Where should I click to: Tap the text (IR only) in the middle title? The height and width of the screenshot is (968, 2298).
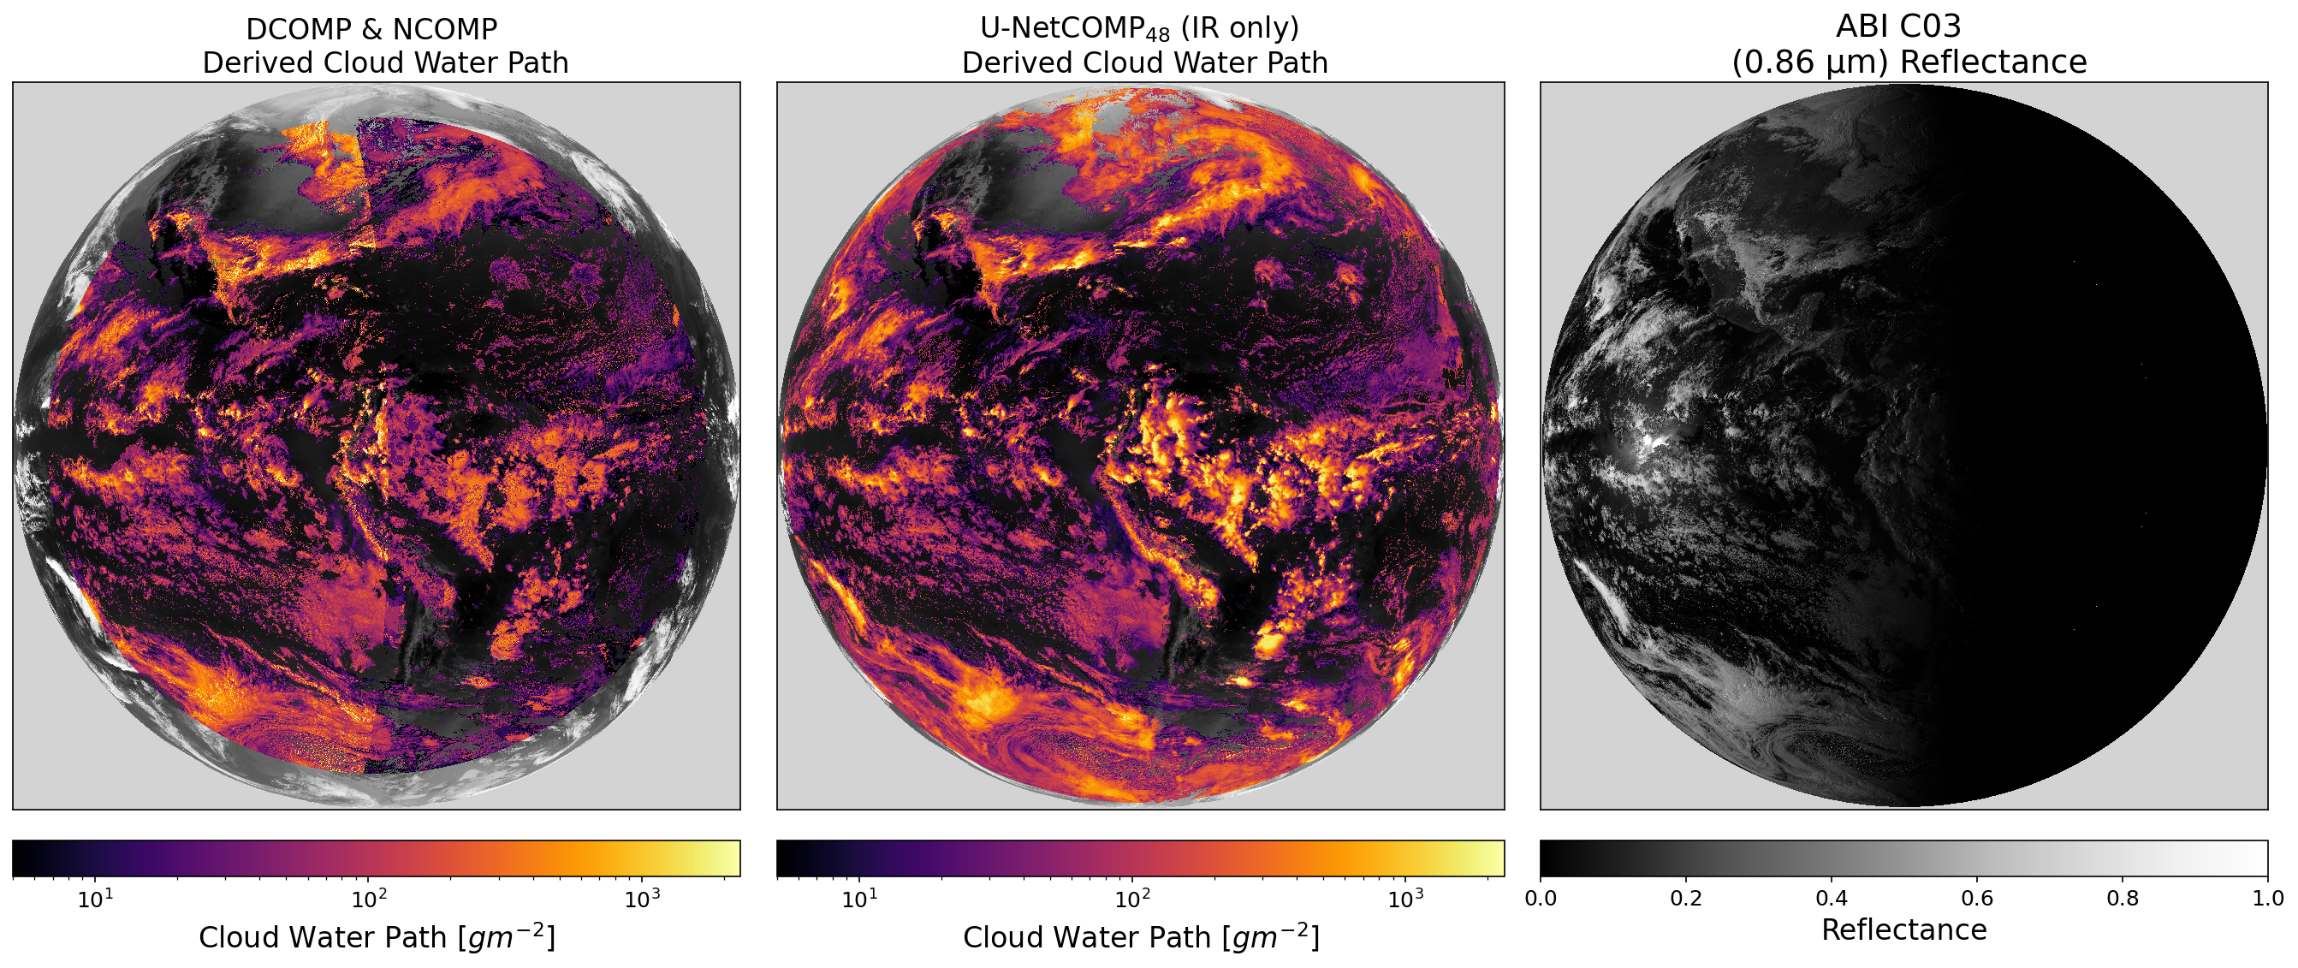coord(1240,28)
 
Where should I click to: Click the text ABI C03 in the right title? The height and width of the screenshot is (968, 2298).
coord(1898,27)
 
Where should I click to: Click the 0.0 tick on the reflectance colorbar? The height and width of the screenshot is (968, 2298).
coord(1541,898)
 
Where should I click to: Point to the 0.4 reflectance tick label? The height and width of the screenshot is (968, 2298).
coord(1832,898)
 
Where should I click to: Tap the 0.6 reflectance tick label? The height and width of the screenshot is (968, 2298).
coord(1977,898)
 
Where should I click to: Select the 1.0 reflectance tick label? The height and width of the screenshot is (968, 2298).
coord(2267,898)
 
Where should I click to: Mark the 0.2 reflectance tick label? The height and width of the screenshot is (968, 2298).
coord(1686,898)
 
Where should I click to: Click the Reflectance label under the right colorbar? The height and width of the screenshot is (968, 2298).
coord(1903,930)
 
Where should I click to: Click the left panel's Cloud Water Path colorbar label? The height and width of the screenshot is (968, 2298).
coord(377,938)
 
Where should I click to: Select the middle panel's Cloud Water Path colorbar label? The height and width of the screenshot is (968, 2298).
coord(1140,938)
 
